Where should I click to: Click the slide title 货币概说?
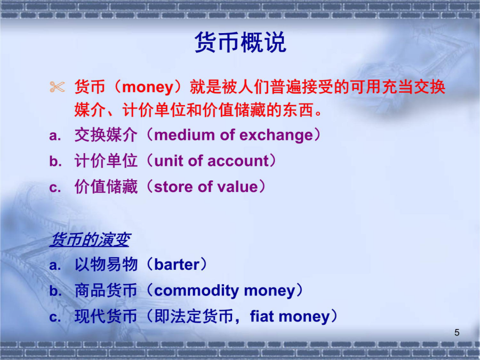point(240,42)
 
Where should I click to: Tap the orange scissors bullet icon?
point(57,87)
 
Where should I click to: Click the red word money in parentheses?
point(148,87)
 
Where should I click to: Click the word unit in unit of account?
point(169,161)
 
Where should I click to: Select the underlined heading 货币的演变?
point(91,239)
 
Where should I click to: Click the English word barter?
point(177,265)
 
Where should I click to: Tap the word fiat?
point(262,316)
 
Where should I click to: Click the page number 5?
point(457,332)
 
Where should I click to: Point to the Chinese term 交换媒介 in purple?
point(106,135)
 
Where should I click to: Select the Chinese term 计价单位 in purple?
point(106,161)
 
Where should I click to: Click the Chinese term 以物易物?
point(106,265)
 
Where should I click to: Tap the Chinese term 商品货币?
point(106,291)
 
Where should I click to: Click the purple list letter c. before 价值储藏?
point(55,187)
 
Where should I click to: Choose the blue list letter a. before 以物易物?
point(55,265)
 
